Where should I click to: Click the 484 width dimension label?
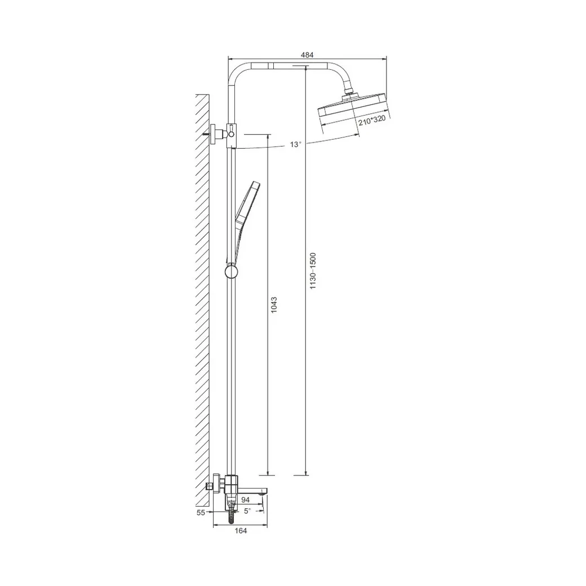click(307, 55)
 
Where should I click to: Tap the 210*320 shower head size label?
click(372, 121)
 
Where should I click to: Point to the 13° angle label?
click(295, 144)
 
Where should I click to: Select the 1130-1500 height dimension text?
click(313, 270)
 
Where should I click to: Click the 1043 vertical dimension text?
click(274, 305)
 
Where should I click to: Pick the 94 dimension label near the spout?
click(246, 500)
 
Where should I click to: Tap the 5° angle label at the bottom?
click(247, 511)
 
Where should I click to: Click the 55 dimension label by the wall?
click(201, 513)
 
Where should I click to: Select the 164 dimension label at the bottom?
click(241, 531)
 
